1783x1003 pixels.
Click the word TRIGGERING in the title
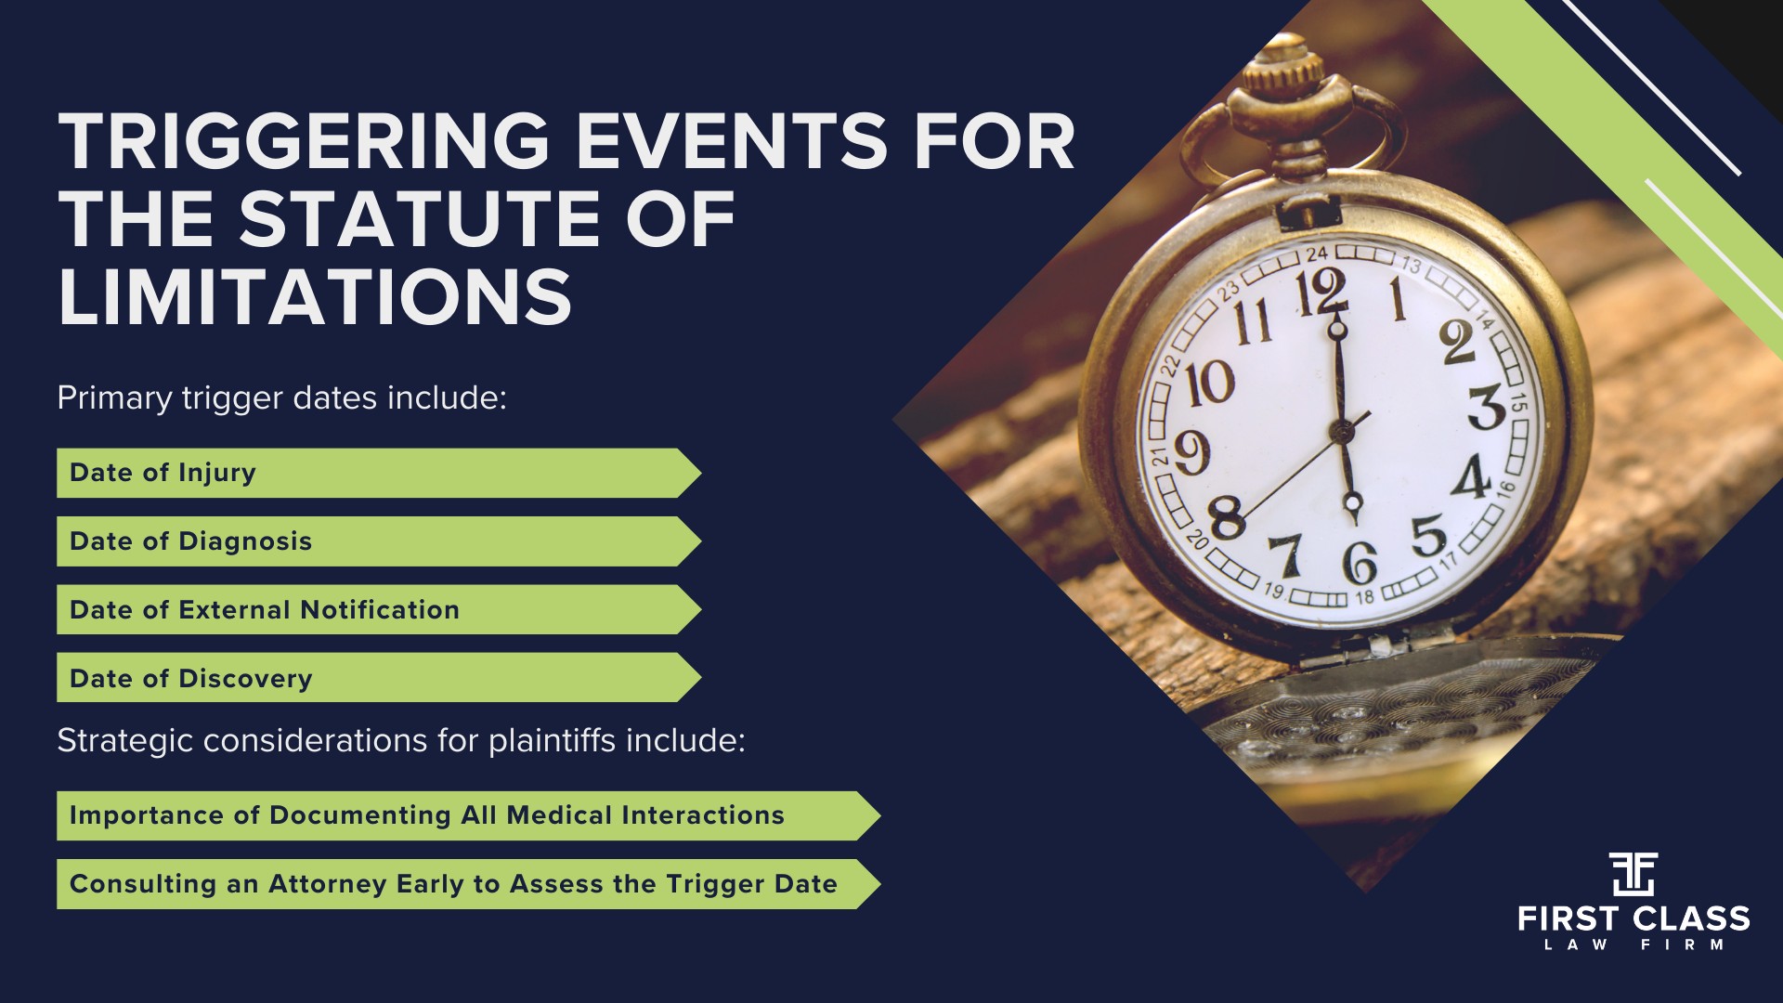(304, 142)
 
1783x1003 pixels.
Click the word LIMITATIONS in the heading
(315, 296)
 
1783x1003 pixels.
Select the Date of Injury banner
(379, 473)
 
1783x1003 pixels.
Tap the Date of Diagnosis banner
(379, 541)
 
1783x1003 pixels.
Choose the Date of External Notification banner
(379, 609)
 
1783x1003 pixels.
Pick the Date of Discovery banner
(379, 677)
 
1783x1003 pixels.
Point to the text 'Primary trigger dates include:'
(282, 398)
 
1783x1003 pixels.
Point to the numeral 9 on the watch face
(1191, 452)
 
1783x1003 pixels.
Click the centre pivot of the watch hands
(1340, 430)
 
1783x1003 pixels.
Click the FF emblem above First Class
(1633, 874)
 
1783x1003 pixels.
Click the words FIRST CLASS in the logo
(1633, 919)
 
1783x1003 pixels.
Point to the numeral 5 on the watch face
(1428, 536)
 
